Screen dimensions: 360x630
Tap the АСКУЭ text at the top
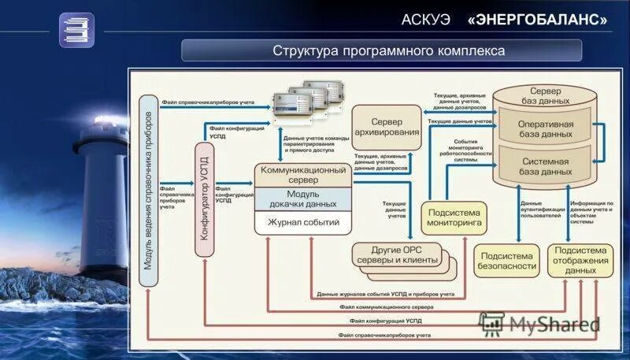[x=425, y=18]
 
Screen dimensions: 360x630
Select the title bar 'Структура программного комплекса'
[x=381, y=50]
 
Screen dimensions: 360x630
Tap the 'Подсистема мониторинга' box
[x=454, y=217]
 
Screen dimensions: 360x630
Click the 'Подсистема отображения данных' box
[x=580, y=260]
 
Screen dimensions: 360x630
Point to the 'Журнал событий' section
[x=303, y=223]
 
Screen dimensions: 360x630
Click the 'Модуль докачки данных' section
[x=303, y=199]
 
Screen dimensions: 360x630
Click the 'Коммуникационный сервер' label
[x=303, y=174]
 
